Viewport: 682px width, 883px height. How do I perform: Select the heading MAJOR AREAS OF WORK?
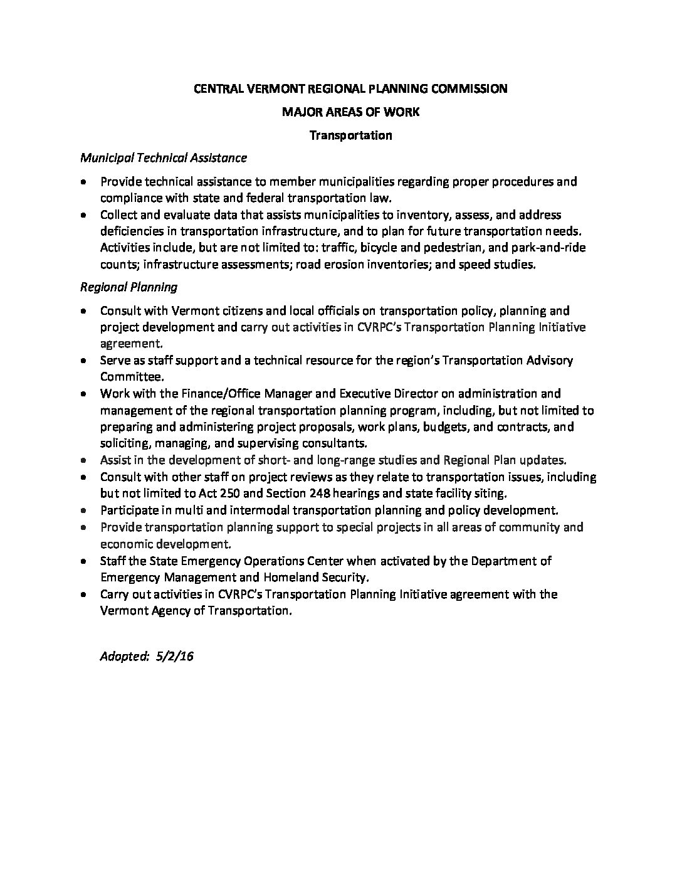click(x=351, y=112)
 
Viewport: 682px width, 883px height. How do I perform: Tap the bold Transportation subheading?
click(x=351, y=135)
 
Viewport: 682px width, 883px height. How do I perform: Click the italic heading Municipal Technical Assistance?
click(x=164, y=159)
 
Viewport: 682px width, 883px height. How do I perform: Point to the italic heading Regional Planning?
click(x=129, y=287)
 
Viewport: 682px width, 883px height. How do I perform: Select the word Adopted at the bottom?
click(x=123, y=657)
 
